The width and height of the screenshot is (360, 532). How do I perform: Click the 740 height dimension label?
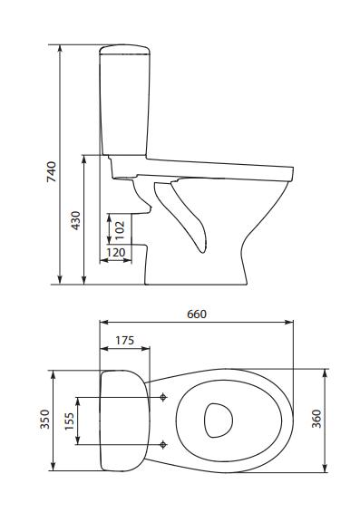click(52, 172)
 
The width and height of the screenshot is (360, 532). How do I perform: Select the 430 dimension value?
click(76, 220)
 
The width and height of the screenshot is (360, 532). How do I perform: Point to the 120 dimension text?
click(115, 253)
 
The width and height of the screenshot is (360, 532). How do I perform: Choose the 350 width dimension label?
click(44, 420)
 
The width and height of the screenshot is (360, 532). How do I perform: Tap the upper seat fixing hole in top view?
click(162, 397)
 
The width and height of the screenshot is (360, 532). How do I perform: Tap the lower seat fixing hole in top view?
click(162, 443)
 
